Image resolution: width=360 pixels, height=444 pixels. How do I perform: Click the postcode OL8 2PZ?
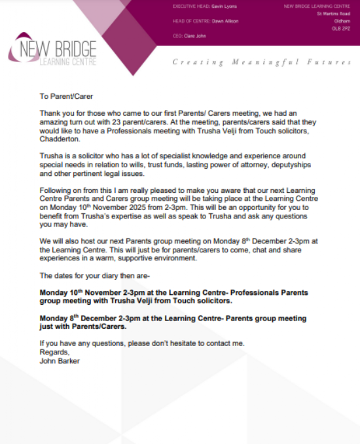344,28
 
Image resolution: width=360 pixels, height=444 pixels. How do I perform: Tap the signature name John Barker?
60,360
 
